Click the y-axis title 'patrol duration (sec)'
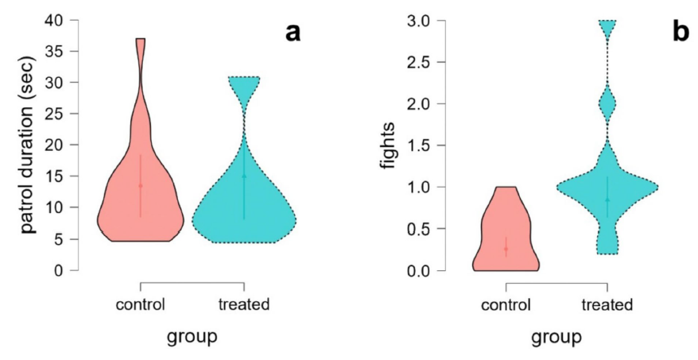(x=28, y=145)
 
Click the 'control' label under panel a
(x=140, y=304)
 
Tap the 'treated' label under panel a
(x=244, y=304)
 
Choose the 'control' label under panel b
(x=506, y=304)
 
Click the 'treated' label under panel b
(x=607, y=304)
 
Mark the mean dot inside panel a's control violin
(x=141, y=186)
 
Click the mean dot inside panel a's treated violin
(x=244, y=176)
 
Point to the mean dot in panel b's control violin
(x=506, y=249)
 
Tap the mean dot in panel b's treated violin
(x=607, y=200)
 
